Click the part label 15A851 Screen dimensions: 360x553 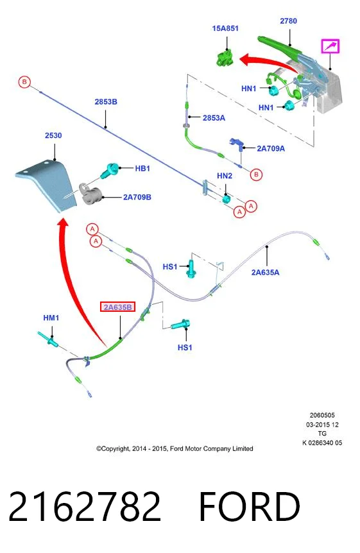click(x=225, y=28)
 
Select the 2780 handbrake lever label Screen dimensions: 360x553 click(x=288, y=21)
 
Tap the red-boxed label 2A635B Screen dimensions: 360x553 click(x=117, y=307)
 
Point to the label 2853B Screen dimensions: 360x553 click(x=106, y=101)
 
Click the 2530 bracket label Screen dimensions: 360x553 click(x=53, y=135)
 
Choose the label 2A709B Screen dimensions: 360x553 click(x=137, y=197)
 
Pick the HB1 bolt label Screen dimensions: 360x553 click(x=142, y=169)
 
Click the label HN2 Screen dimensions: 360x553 click(x=225, y=176)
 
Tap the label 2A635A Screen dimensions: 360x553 click(x=265, y=272)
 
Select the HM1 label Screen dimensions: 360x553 click(x=51, y=318)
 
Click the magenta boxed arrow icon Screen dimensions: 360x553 click(x=330, y=46)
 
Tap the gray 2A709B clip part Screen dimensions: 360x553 click(x=90, y=194)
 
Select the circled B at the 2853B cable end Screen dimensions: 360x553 click(x=24, y=82)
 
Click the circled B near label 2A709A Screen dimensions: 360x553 click(x=256, y=174)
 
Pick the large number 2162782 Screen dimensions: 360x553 click(x=85, y=506)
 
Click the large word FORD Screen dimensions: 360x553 click(x=250, y=506)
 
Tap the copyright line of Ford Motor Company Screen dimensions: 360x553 click(x=175, y=448)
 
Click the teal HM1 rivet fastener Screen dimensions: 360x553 click(x=49, y=339)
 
